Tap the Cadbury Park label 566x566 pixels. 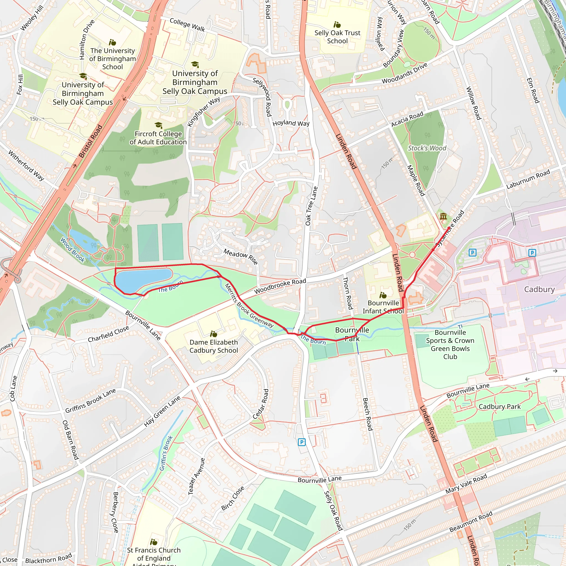[499, 407]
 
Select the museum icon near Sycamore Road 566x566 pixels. [443, 216]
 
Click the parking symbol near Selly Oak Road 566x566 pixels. [302, 442]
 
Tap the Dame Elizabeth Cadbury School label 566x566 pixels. [214, 346]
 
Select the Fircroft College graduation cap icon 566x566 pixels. [158, 125]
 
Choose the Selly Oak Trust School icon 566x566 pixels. [337, 25]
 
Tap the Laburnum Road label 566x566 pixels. [528, 179]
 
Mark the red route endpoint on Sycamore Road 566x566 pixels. [449, 228]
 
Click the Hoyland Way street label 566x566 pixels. [291, 123]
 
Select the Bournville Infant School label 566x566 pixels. [383, 307]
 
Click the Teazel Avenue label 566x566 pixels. [196, 476]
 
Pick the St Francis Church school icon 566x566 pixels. [153, 542]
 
